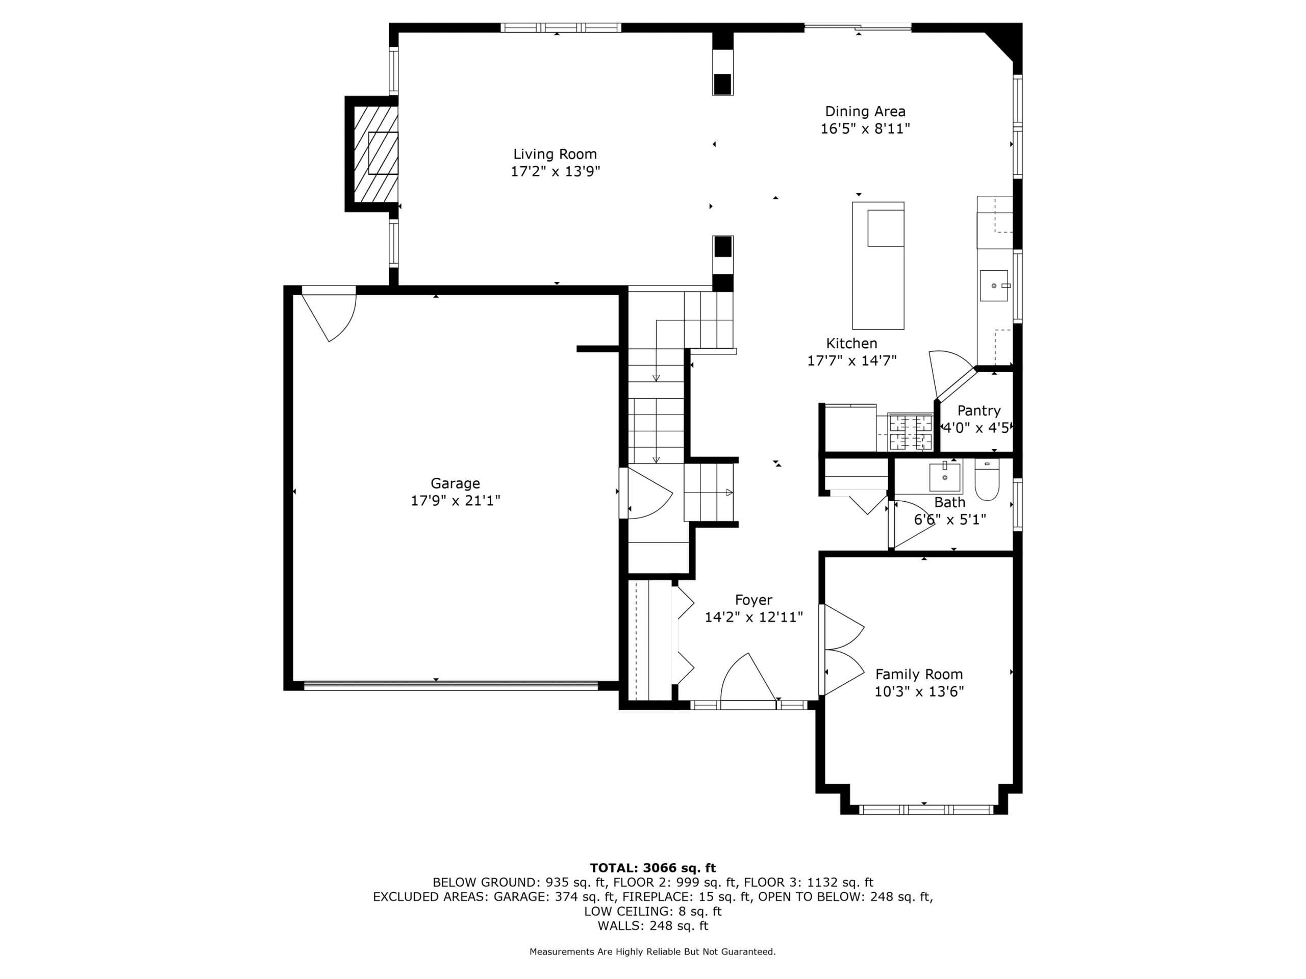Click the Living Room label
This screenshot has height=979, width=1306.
555,154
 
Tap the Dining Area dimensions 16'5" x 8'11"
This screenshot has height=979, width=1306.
865,128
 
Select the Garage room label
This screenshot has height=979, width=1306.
455,484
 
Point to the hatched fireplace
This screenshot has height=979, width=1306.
375,153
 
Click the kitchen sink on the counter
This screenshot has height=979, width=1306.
994,286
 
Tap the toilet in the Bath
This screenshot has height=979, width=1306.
987,479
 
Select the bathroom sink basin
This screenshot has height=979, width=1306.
945,477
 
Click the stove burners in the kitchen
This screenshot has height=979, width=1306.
911,432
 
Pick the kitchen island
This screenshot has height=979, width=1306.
878,266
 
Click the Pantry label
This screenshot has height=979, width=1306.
979,410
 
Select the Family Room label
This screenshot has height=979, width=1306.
919,674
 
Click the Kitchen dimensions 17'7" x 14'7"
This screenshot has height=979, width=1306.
852,360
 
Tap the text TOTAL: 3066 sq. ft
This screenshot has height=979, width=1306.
653,868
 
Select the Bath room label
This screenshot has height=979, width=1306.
950,502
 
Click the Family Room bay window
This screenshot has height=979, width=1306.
926,810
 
